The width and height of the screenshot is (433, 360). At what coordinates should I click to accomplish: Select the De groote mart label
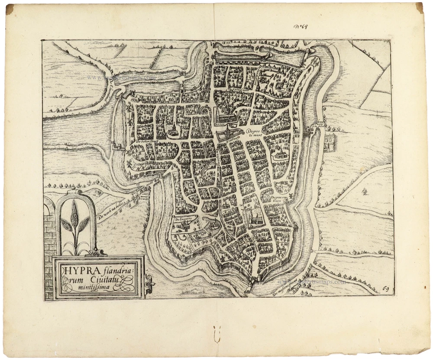(x=254, y=133)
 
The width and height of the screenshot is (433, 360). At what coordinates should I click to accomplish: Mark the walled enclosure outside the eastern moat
(x=330, y=143)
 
